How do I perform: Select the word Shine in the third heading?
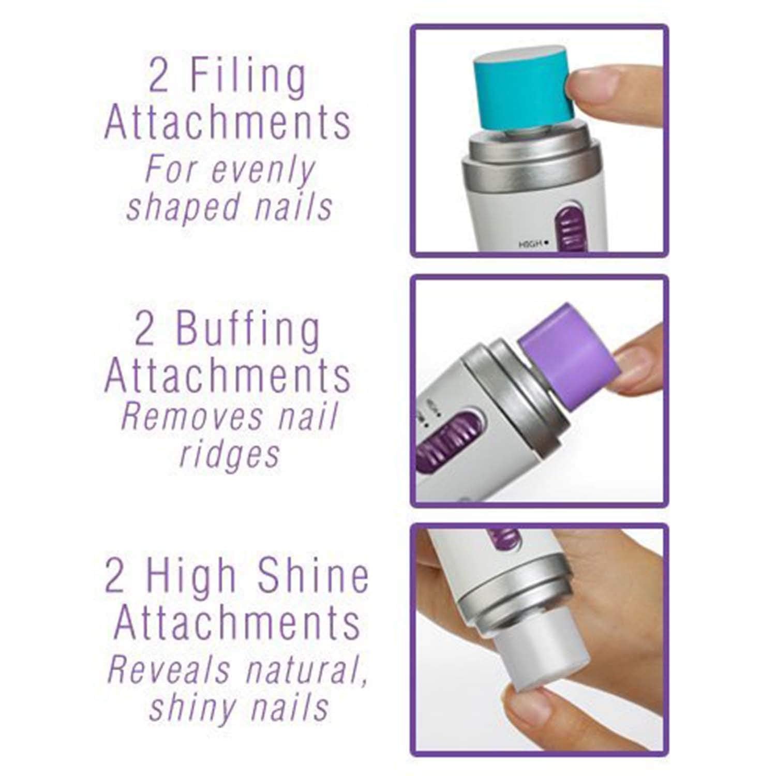click(313, 578)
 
